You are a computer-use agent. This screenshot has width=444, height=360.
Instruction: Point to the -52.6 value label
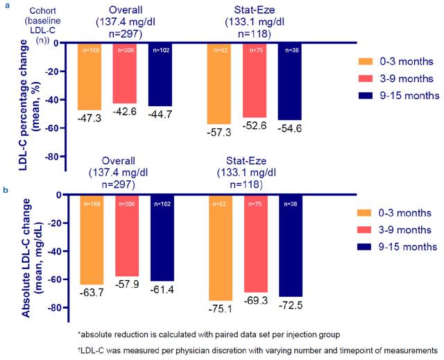click(x=255, y=125)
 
